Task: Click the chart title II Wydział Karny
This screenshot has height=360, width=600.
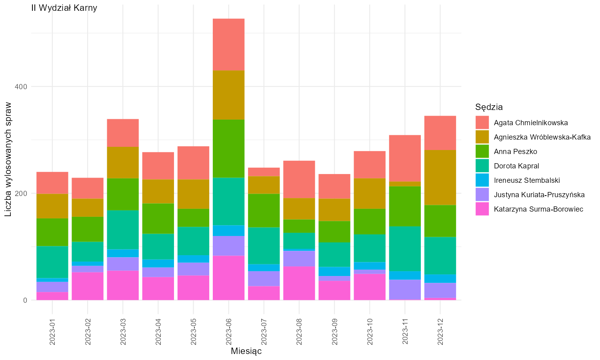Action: tap(64, 8)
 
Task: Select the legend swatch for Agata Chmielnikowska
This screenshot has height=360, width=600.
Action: tap(482, 123)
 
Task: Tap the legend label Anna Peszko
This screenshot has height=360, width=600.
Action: tap(515, 152)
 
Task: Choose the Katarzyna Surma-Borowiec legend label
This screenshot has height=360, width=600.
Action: tap(538, 209)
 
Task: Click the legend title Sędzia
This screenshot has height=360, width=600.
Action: tap(489, 107)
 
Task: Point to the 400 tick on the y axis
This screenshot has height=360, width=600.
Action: tap(21, 87)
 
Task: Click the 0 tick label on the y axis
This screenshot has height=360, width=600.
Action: tap(25, 300)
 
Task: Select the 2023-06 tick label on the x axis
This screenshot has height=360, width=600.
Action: tap(228, 332)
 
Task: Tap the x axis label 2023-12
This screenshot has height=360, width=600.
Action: tap(440, 332)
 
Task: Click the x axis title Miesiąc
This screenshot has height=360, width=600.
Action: tap(246, 351)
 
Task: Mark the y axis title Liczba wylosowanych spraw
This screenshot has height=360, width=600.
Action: tap(8, 159)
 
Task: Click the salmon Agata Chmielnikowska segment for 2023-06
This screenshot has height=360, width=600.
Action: tap(228, 45)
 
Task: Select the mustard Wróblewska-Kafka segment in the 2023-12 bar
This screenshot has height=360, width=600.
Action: tap(440, 178)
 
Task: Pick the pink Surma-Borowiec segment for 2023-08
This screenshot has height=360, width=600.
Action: tap(299, 283)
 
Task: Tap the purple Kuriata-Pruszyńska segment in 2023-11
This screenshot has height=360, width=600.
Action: tap(405, 290)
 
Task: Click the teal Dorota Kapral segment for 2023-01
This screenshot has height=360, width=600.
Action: tap(52, 262)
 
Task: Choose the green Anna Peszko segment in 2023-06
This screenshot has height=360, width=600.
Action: tap(228, 149)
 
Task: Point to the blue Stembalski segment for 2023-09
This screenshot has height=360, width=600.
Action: tap(334, 272)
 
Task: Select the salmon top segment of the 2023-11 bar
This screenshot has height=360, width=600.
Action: tap(405, 158)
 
